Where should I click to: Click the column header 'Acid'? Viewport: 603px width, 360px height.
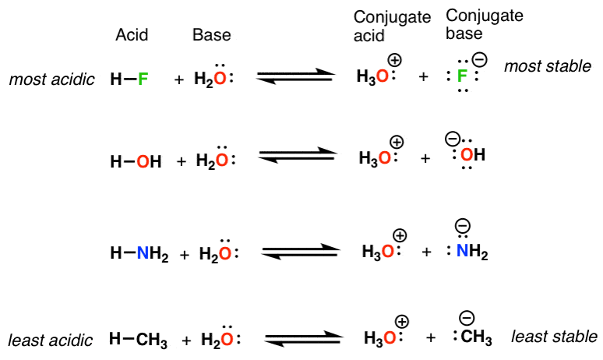pos(132,35)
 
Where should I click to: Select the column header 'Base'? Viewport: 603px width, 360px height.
pos(211,35)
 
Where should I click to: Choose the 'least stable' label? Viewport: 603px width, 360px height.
pos(554,337)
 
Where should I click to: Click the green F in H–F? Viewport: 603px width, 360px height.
pos(142,79)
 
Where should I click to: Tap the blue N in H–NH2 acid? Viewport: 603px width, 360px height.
pos(143,253)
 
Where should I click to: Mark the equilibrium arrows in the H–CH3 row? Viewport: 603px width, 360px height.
pos(303,338)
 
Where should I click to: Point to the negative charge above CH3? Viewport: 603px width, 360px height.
pos(467,317)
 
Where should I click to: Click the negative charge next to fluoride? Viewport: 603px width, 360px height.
pos(480,59)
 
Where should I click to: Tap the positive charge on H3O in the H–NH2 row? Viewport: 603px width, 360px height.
pos(400,234)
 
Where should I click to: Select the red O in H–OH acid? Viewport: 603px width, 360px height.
pos(142,161)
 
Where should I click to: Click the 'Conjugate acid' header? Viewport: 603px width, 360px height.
pos(382,26)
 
